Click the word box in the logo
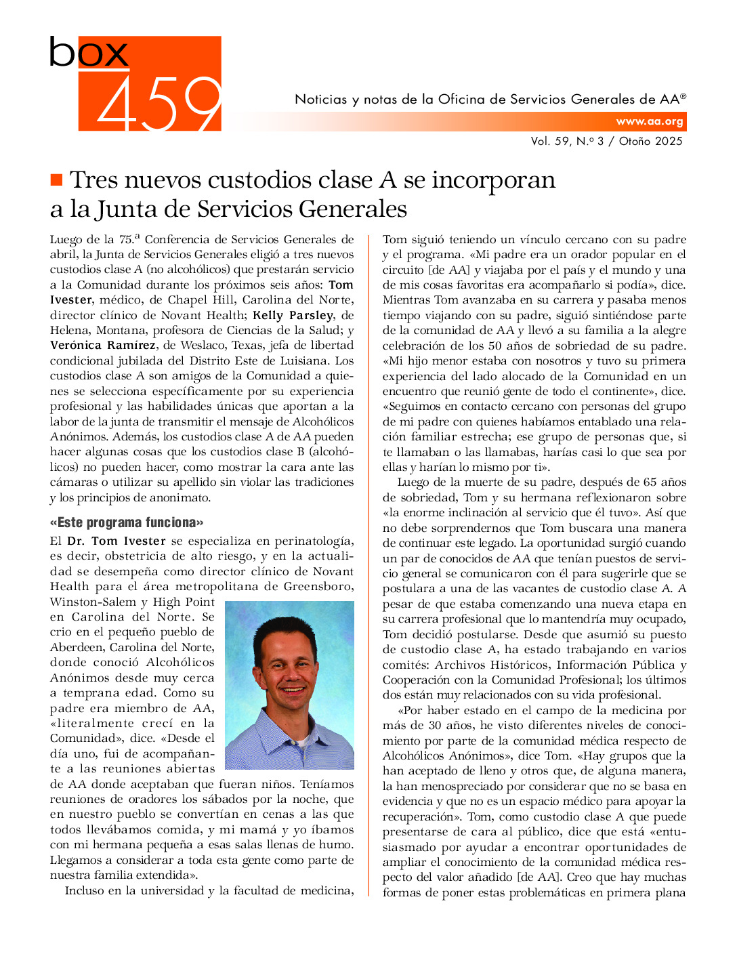(x=88, y=52)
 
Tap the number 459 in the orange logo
(x=159, y=103)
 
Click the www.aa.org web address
(x=649, y=122)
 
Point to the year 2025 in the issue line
(x=669, y=141)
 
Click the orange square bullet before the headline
(x=56, y=180)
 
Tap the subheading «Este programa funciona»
(x=126, y=522)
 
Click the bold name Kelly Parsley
(x=293, y=315)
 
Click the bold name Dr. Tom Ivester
(x=117, y=541)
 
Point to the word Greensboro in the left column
(x=318, y=587)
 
